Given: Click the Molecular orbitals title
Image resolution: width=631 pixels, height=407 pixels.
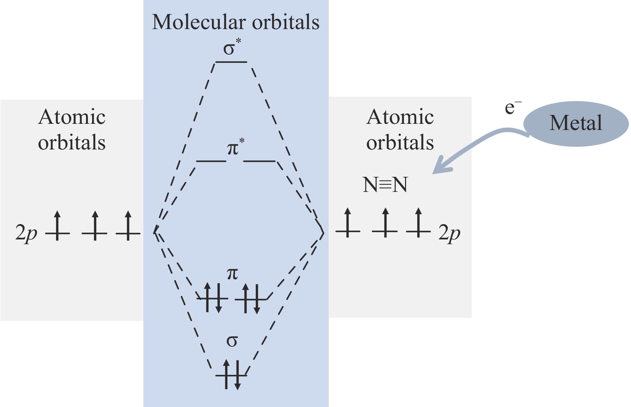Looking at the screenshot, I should click(236, 22).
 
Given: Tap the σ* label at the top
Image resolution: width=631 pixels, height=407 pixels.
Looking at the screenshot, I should click(231, 48).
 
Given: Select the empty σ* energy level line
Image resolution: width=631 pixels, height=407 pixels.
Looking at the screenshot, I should click(231, 62).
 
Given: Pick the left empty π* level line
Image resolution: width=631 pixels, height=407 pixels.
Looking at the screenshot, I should click(211, 161).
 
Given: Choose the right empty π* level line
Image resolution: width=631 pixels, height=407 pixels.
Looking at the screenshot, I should click(259, 161).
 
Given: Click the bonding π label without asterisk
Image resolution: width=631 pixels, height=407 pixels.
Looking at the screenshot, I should click(232, 274).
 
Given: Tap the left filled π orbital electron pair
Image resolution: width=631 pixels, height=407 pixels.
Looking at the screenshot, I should click(213, 298).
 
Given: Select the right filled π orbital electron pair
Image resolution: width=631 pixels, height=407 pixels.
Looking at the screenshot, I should click(251, 298).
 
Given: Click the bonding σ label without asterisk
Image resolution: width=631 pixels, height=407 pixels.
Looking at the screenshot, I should click(232, 341).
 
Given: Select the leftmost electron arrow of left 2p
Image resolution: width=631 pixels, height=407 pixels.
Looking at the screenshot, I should click(57, 226).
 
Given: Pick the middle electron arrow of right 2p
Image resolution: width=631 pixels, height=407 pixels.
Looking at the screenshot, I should click(385, 223).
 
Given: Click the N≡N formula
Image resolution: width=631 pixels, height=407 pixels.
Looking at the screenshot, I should click(385, 185).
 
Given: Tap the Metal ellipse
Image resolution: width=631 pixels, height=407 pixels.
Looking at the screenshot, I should click(576, 123).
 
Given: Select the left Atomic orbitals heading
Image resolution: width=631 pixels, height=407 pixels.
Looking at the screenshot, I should click(72, 130).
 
